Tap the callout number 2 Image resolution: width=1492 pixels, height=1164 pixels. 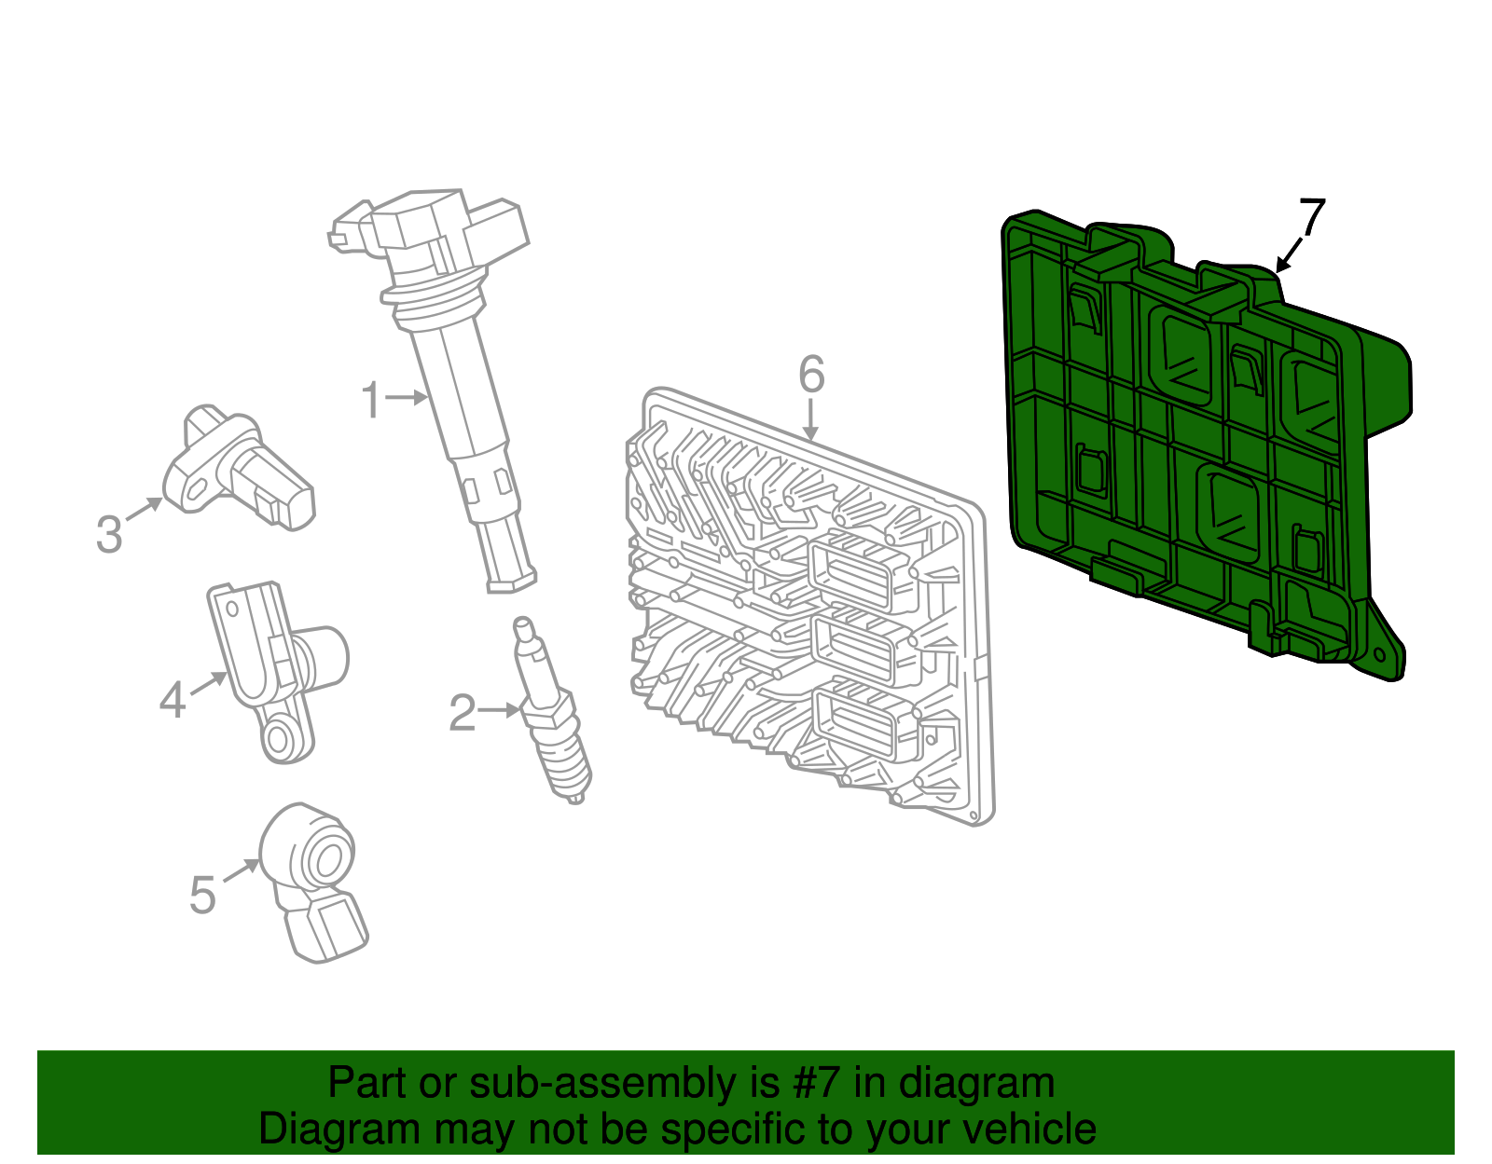point(463,712)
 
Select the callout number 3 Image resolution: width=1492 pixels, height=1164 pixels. point(109,534)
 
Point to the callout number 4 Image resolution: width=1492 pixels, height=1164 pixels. point(173,700)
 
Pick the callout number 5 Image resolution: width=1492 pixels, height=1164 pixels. point(202,895)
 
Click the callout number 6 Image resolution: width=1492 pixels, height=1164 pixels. point(811,375)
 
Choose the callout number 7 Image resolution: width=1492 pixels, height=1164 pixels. point(1311,217)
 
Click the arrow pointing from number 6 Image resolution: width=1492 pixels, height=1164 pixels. point(811,419)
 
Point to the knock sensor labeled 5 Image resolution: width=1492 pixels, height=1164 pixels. point(313,883)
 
